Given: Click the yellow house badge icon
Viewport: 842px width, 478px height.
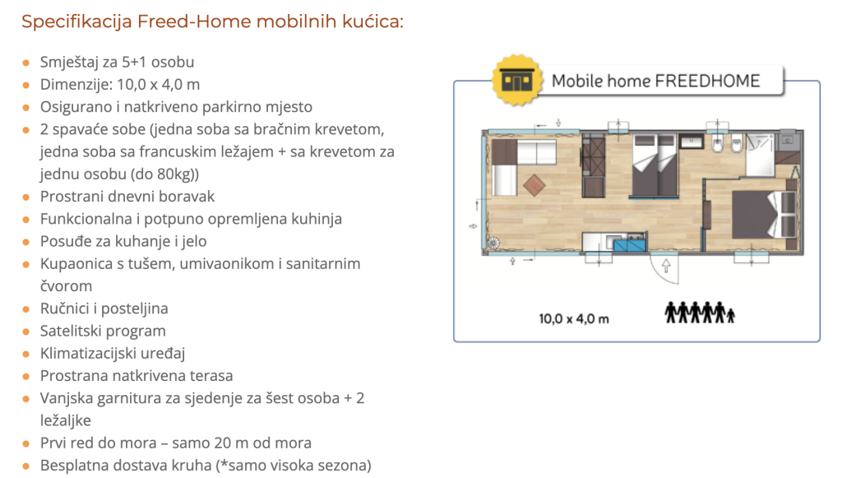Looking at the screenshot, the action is [516, 80].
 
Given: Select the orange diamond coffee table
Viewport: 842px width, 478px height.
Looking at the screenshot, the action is [534, 185].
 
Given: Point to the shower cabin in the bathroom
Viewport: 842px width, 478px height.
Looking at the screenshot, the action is [759, 155].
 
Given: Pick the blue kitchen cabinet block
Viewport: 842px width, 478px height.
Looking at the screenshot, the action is [629, 246].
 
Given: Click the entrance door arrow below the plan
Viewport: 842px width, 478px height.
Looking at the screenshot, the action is [666, 265].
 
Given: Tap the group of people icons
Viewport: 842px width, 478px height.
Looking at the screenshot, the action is [699, 312].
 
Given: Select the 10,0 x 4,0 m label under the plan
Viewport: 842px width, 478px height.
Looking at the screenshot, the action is [573, 319].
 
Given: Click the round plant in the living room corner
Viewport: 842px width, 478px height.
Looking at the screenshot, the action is [493, 244].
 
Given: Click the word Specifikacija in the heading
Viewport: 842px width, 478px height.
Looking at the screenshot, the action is [76, 22].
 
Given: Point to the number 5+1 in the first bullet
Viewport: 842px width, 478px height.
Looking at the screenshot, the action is [134, 62].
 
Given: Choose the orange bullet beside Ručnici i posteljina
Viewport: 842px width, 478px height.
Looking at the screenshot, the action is [25, 309].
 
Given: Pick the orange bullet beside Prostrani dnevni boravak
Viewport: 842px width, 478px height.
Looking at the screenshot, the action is [25, 197].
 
